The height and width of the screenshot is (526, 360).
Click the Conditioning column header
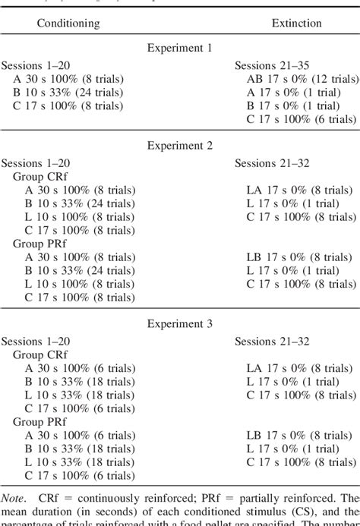[x=68, y=24]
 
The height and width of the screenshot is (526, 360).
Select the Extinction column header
[x=296, y=24]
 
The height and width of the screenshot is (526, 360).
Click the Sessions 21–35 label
[x=271, y=66]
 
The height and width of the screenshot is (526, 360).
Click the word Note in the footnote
[x=16, y=498]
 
